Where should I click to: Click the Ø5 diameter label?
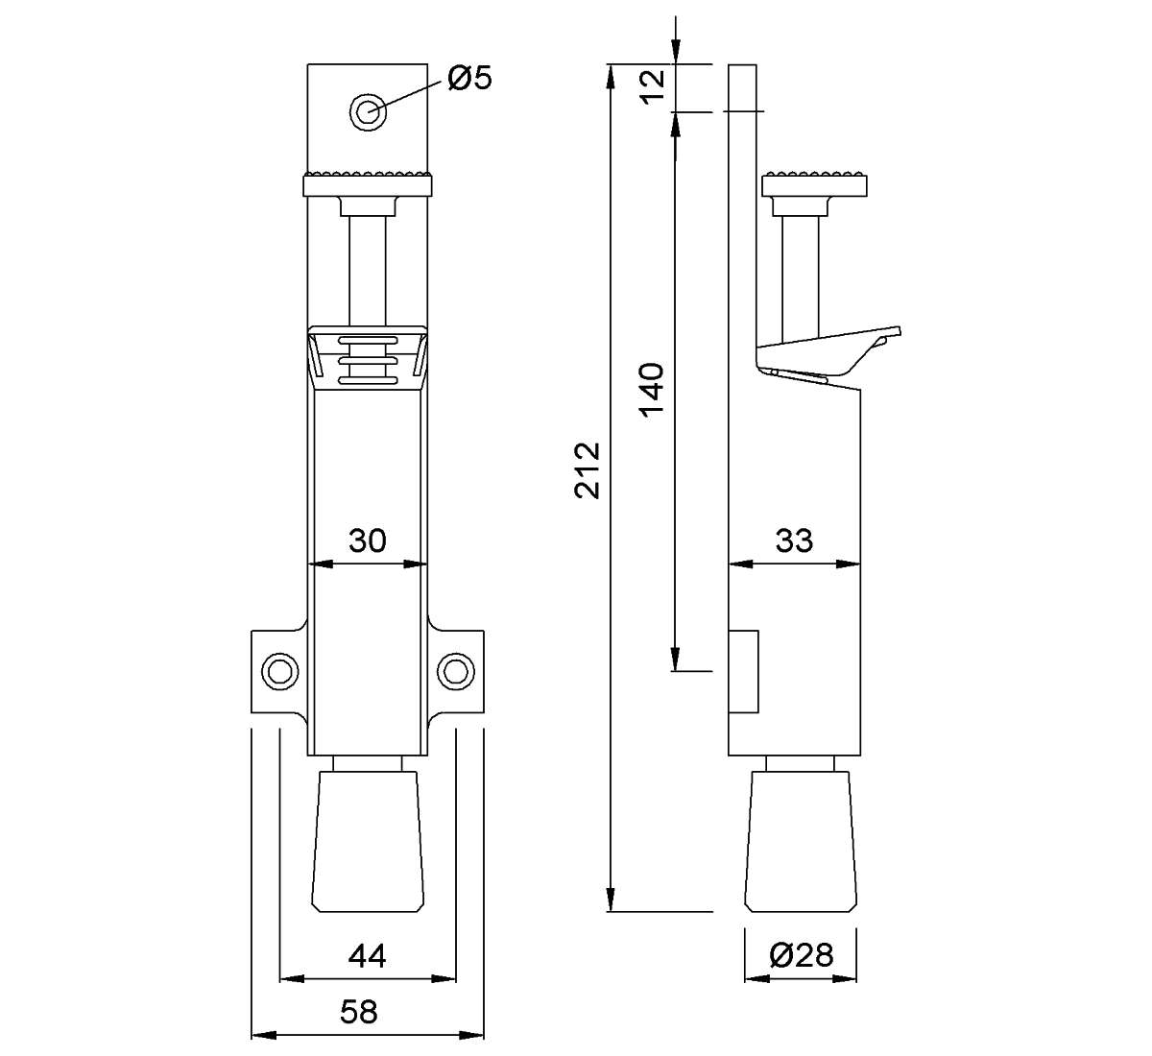coord(469,79)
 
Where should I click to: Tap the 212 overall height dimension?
coord(588,469)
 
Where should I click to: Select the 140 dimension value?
coord(652,389)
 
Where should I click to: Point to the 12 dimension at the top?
coord(652,88)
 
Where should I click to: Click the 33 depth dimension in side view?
coord(794,540)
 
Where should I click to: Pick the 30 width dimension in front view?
coord(367,540)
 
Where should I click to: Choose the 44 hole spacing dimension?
coord(367,956)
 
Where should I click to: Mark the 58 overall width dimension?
coord(359,1012)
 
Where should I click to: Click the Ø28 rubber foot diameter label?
coord(801,955)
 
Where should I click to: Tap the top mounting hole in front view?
coord(367,110)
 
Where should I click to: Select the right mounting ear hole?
coord(455,669)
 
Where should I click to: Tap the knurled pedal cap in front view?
coord(367,183)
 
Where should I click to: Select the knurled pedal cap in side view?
coord(815,183)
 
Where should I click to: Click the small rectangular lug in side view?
coord(744,670)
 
